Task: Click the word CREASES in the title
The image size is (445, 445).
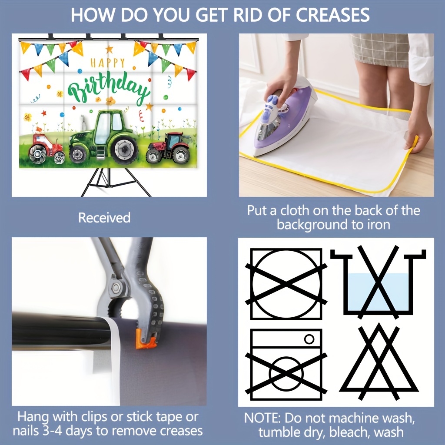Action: tap(332, 15)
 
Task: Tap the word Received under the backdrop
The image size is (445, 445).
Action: tap(104, 218)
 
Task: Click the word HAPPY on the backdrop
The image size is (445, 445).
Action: tap(108, 63)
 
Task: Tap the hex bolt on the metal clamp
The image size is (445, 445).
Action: tap(116, 288)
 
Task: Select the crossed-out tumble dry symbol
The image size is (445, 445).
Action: tap(286, 284)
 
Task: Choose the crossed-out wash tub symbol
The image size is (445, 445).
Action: tap(378, 282)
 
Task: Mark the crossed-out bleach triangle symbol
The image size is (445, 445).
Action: tap(379, 362)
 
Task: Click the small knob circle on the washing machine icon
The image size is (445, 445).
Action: tap(309, 339)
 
